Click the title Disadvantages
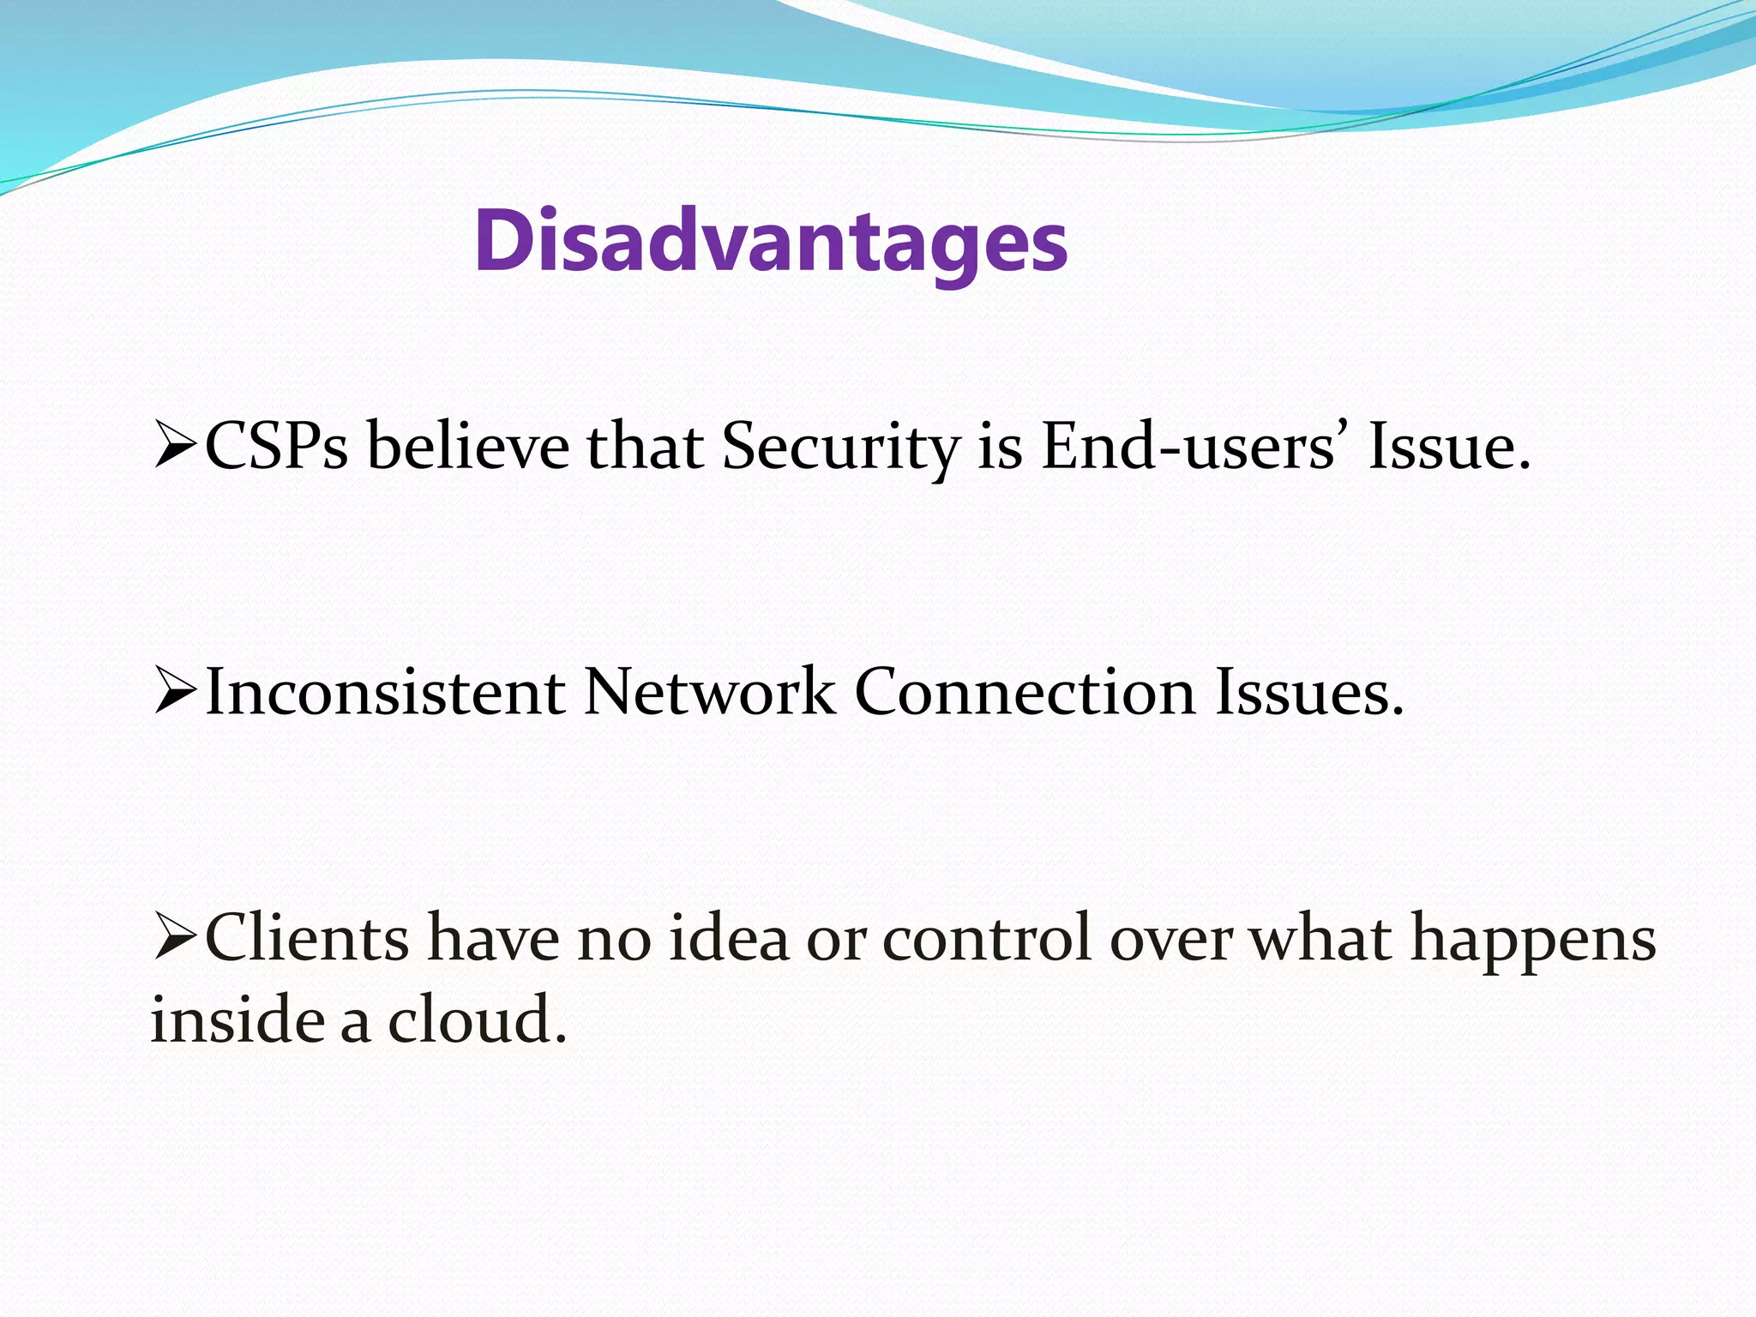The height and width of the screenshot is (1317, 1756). tap(770, 242)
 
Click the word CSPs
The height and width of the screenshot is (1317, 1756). tap(276, 448)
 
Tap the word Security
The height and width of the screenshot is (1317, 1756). tap(840, 448)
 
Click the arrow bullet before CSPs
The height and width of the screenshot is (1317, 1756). tap(175, 448)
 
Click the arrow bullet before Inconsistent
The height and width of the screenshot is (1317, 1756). tap(175, 693)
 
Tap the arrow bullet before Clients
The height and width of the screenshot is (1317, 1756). tap(175, 938)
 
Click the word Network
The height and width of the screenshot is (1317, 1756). tap(708, 693)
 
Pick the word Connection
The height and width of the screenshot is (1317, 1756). tap(1025, 693)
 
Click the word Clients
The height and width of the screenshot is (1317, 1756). tap(307, 938)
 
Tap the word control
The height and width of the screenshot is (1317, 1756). tap(986, 938)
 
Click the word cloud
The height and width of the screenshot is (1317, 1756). tap(477, 1020)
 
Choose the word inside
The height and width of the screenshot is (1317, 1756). tap(238, 1020)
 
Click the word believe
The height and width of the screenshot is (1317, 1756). tap(467, 448)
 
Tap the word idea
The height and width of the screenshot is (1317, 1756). tap(728, 938)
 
